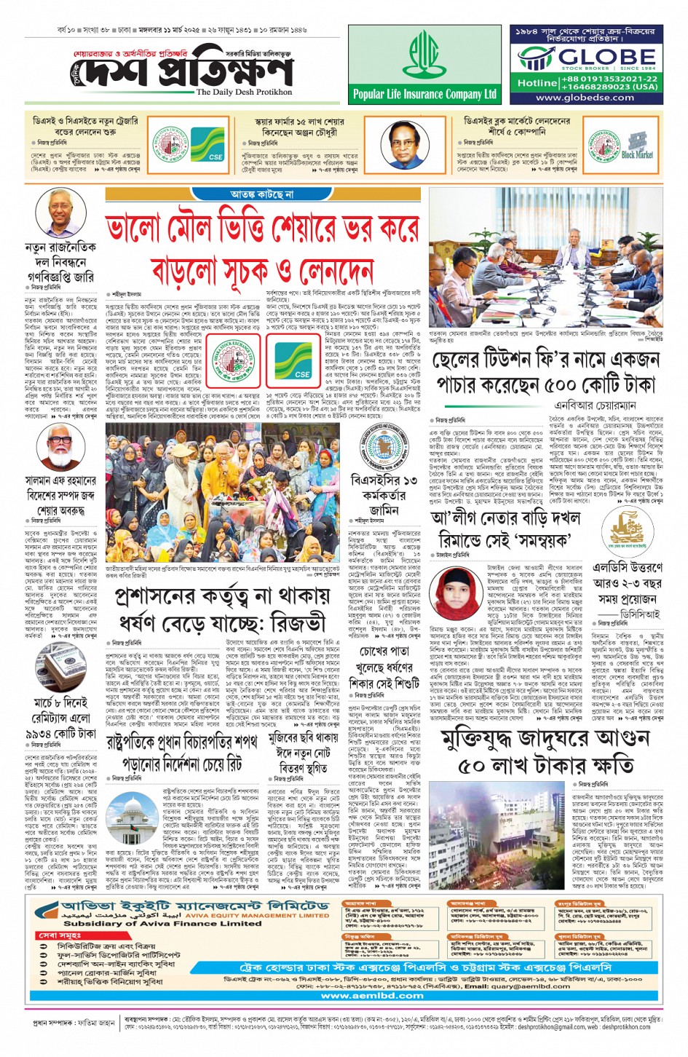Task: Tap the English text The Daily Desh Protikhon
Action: [244, 92]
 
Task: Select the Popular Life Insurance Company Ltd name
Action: [424, 94]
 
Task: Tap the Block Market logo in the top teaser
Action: [637, 146]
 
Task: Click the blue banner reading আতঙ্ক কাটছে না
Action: [261, 195]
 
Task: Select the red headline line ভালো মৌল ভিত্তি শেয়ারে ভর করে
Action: [262, 229]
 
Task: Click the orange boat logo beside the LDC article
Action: [627, 531]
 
